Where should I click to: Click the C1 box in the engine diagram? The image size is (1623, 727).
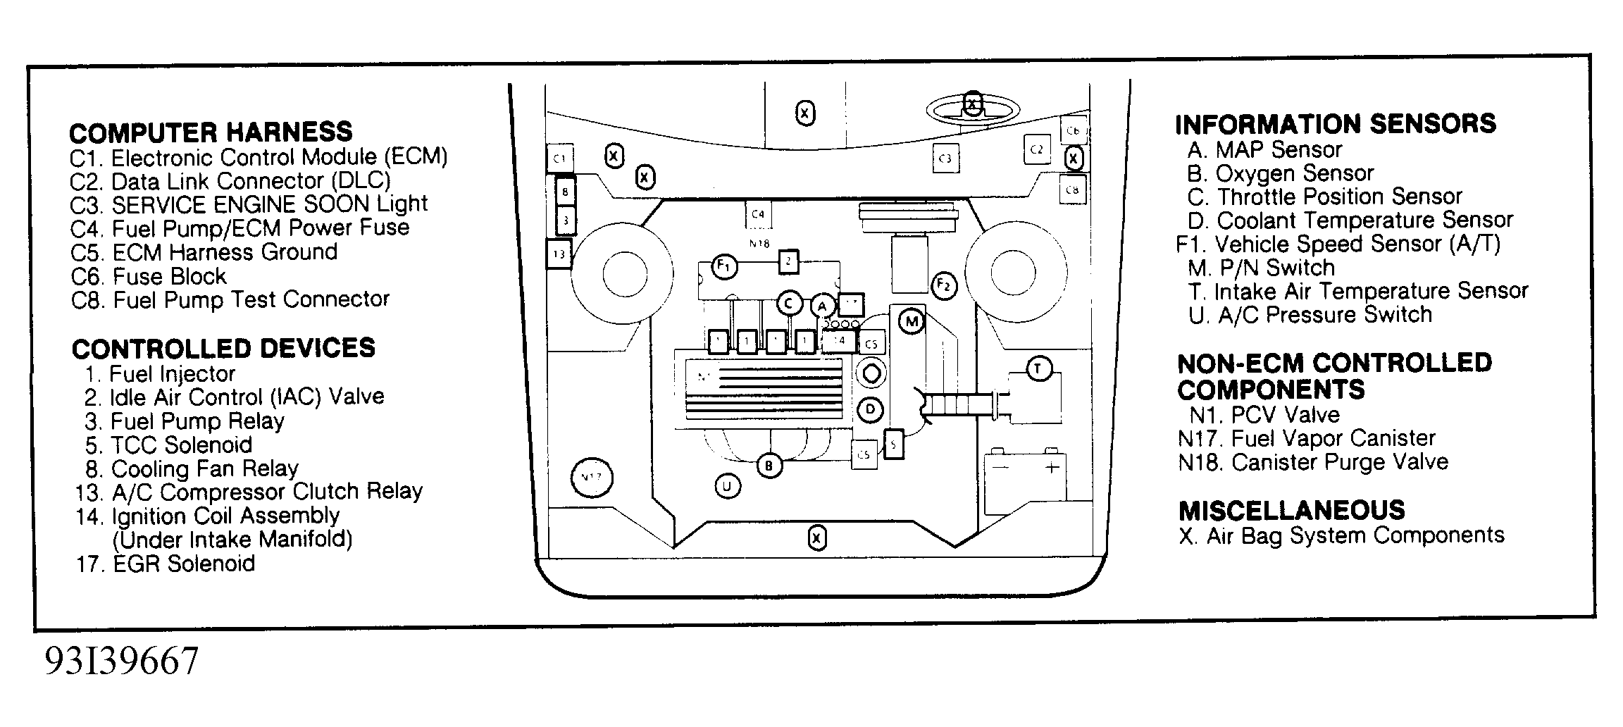point(560,159)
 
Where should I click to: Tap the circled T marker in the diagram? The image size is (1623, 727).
point(1038,368)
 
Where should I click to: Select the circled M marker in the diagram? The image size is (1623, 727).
point(912,322)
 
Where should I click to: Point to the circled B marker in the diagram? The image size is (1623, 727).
point(769,466)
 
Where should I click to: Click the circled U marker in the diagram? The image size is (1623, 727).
point(728,486)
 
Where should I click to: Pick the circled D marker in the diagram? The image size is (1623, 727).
point(871,409)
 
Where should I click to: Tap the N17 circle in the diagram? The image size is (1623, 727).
point(592,478)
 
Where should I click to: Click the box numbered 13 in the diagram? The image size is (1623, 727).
point(559,254)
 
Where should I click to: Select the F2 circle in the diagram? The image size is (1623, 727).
point(943,285)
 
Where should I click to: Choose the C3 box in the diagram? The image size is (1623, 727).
point(945,159)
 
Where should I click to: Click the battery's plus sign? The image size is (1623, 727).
point(1052,468)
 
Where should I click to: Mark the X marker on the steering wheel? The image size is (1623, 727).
point(972,105)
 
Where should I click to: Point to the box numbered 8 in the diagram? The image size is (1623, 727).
point(565,190)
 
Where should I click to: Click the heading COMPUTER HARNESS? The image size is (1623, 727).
point(211,132)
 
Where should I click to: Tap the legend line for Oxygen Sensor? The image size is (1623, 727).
point(1280,173)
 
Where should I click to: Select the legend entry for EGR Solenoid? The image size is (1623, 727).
point(166,564)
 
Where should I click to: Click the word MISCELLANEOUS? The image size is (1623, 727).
point(1291,510)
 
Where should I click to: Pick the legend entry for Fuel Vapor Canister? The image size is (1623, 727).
point(1306,438)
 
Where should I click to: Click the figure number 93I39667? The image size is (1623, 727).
point(122,661)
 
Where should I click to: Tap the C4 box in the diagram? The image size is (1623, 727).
point(758,214)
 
